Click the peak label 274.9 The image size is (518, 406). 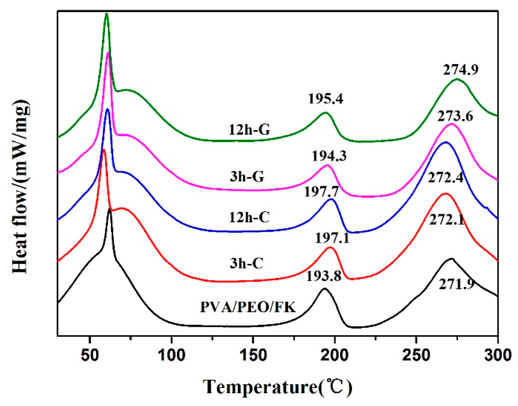(461, 70)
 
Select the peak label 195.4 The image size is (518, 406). (325, 99)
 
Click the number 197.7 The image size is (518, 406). (321, 192)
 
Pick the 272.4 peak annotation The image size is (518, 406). (445, 178)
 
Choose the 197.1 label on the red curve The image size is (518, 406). (332, 238)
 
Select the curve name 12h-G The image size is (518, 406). (249, 130)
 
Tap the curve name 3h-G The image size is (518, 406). (247, 177)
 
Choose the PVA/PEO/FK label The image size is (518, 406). (248, 308)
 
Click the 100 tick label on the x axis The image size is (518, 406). (171, 355)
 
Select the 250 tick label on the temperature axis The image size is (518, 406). (416, 355)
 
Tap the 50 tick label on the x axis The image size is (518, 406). (90, 355)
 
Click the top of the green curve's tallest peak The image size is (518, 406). (106, 14)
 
